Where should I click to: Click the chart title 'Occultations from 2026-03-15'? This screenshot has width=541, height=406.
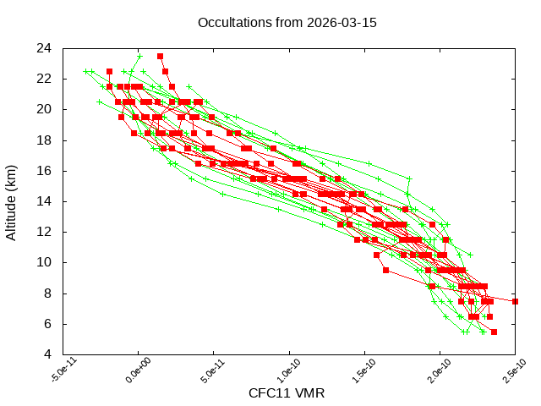tap(287, 22)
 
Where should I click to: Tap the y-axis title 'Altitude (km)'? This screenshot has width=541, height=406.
tap(11, 200)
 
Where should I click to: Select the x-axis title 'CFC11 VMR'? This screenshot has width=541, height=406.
tap(287, 393)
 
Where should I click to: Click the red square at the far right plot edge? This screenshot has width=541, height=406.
tap(515, 301)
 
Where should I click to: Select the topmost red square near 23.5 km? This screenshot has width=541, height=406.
tap(160, 56)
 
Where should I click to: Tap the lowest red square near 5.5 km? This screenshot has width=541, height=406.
tap(494, 332)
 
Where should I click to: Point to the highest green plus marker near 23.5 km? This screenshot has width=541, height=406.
tap(140, 56)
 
